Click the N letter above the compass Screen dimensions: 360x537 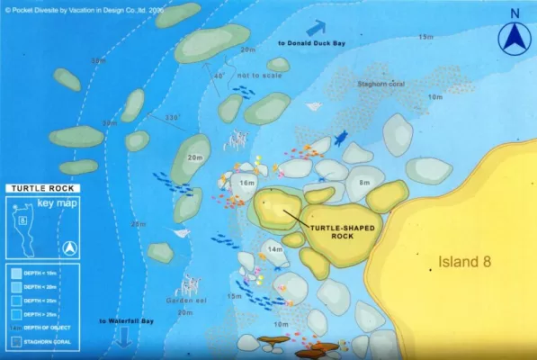(x=514, y=13)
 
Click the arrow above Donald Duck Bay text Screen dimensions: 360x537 (x=317, y=27)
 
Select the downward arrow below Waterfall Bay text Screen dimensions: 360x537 (x=124, y=337)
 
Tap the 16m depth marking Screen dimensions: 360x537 (x=247, y=183)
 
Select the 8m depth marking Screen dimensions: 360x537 (x=364, y=183)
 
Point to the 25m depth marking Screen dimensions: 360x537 (x=139, y=224)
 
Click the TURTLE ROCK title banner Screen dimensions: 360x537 (x=43, y=189)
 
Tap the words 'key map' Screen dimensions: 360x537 (x=54, y=205)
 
